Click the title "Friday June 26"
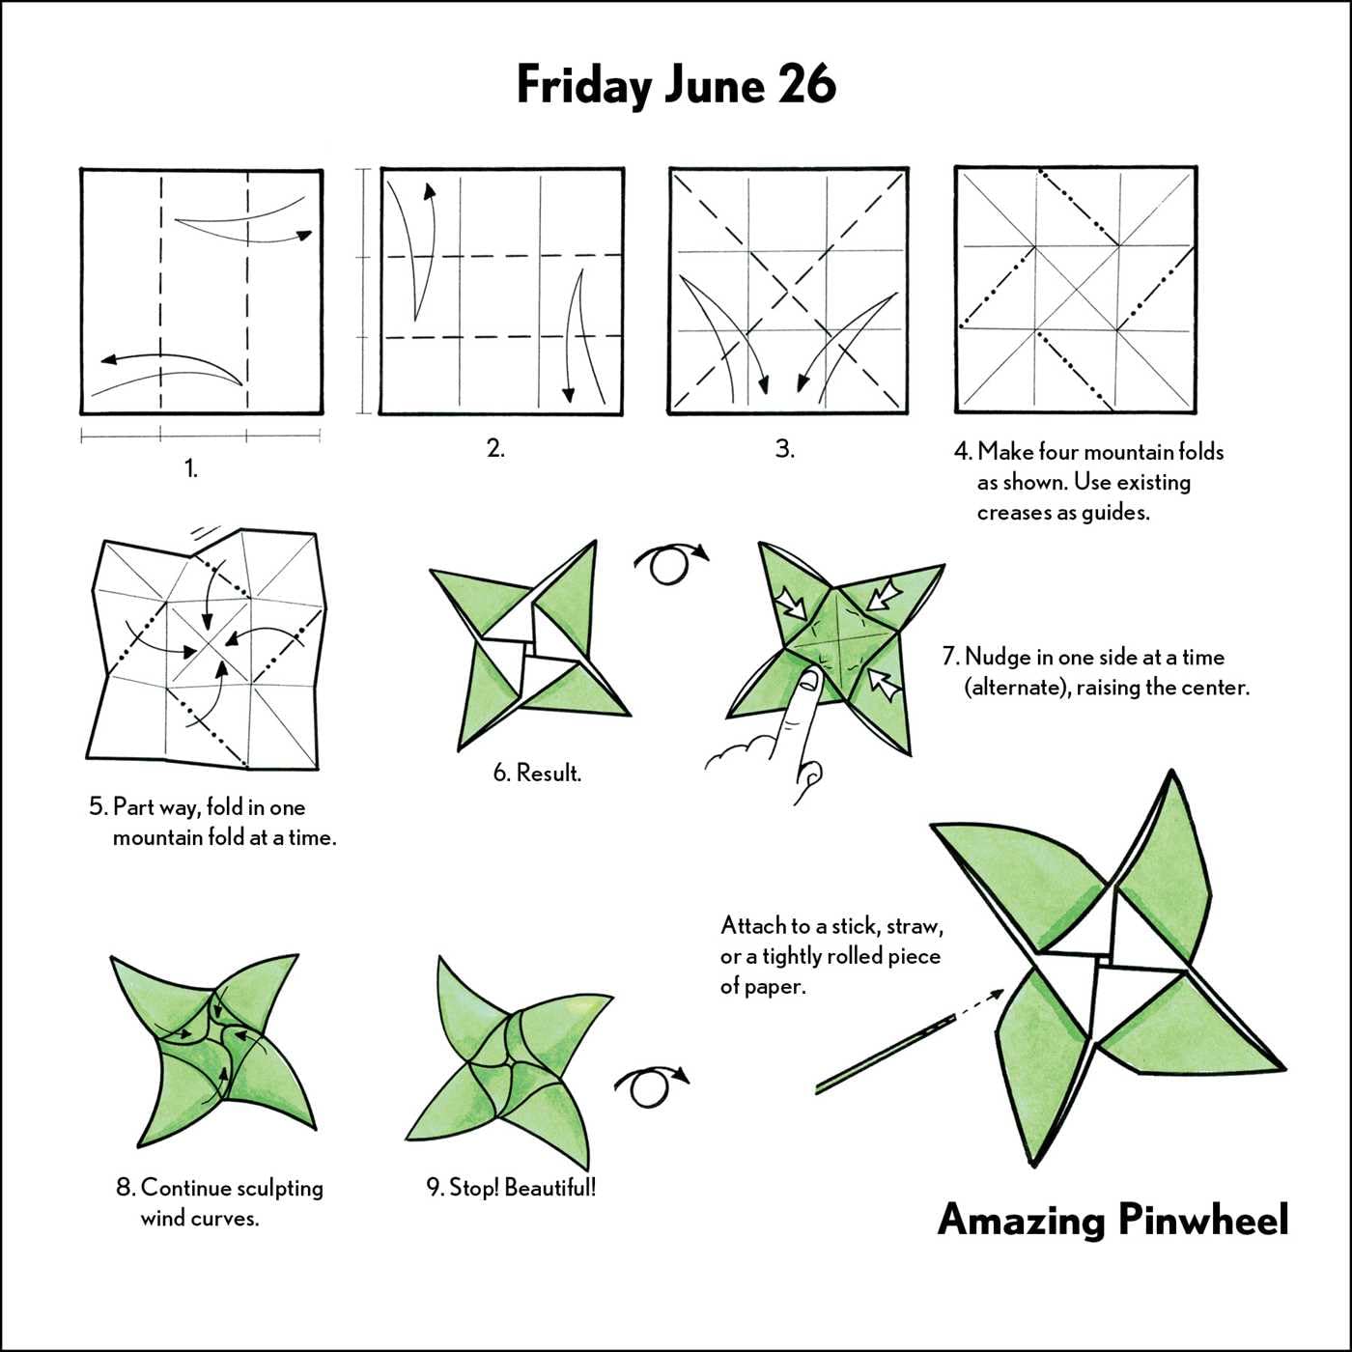coord(675,84)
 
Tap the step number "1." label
coord(191,468)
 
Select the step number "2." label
coord(495,448)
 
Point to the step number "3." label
coord(785,449)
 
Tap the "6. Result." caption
coord(537,773)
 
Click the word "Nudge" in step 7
coord(999,658)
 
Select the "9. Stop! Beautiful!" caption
coord(511,1187)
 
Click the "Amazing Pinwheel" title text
coord(1113,1219)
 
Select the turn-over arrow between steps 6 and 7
coord(669,562)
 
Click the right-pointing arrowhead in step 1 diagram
coord(304,235)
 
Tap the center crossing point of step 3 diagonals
coord(788,290)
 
